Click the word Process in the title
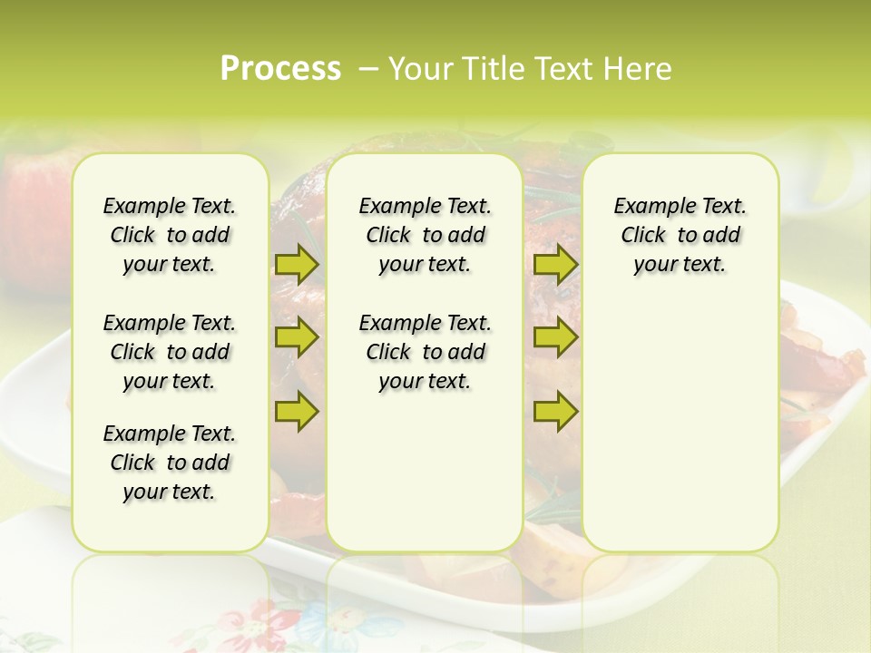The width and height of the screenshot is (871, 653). (x=280, y=69)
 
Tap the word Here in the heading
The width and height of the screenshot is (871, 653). (x=640, y=69)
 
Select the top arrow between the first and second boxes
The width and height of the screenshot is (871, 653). (x=297, y=264)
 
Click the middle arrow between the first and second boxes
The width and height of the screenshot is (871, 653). (x=297, y=337)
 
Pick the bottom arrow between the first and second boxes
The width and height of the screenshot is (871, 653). (x=297, y=411)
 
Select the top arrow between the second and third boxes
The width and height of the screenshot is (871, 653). (x=555, y=264)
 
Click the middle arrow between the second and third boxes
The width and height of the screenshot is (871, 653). (x=555, y=337)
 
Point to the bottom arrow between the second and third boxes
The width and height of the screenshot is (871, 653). (x=555, y=411)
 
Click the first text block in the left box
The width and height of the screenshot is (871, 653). (x=170, y=235)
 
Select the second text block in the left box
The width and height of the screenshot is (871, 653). (x=170, y=352)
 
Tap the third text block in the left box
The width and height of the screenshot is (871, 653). (x=170, y=463)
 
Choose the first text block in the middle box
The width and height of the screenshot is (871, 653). (x=425, y=235)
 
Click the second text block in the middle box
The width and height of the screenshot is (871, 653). (x=425, y=352)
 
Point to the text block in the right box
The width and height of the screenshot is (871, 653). (x=680, y=235)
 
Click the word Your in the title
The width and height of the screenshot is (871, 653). (x=421, y=69)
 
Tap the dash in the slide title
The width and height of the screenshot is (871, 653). (x=368, y=69)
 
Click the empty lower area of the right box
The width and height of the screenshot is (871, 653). (x=680, y=426)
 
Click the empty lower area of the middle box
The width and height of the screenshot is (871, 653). (x=425, y=472)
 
